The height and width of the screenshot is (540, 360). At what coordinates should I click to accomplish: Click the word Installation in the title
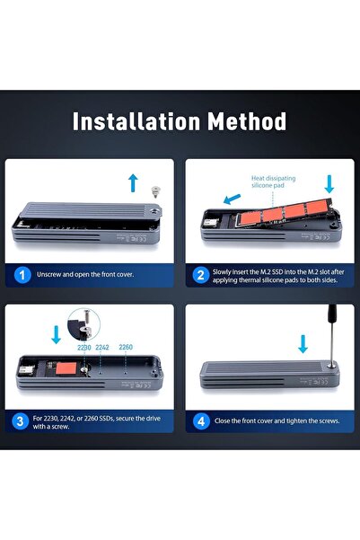(x=136, y=121)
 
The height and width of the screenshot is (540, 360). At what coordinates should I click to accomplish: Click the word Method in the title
(x=247, y=121)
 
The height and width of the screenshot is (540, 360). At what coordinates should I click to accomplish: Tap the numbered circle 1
(x=22, y=275)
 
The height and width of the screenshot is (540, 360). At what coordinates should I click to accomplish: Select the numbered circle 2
(x=201, y=276)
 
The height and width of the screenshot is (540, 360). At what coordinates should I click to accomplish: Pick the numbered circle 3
(x=21, y=421)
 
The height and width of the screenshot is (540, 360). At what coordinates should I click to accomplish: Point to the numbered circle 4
(x=201, y=421)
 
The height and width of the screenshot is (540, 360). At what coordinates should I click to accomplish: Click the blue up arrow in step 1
(x=133, y=183)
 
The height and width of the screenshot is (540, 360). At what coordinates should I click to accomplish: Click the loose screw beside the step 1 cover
(x=156, y=191)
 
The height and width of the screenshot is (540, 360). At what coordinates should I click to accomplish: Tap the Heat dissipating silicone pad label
(x=273, y=181)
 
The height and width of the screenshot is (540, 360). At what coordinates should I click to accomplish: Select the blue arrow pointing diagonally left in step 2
(x=232, y=199)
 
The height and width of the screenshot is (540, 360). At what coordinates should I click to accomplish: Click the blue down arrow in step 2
(x=329, y=184)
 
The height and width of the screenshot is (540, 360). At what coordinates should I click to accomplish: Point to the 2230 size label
(x=84, y=348)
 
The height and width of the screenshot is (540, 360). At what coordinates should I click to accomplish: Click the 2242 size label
(x=102, y=347)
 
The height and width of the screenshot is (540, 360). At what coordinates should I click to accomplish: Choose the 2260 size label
(x=126, y=347)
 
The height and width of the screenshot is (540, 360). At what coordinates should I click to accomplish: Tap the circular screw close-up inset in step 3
(x=84, y=324)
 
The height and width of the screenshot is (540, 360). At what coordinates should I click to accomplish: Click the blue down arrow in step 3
(x=56, y=335)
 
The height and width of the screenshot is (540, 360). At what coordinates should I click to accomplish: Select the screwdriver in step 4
(x=332, y=335)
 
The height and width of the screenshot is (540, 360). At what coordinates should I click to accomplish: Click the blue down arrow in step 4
(x=303, y=344)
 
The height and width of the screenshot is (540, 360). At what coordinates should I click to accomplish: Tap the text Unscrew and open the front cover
(x=85, y=274)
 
